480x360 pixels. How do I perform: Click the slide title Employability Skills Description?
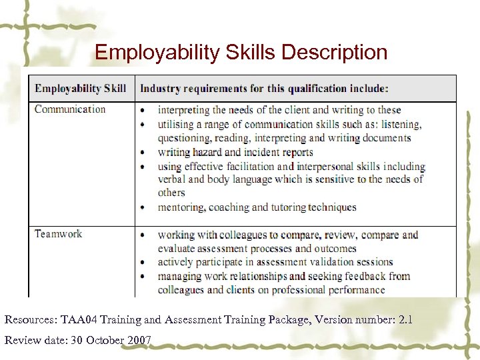[241, 52]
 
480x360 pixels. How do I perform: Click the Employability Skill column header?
[80, 89]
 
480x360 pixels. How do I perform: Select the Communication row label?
[70, 109]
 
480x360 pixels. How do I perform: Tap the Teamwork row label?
[59, 233]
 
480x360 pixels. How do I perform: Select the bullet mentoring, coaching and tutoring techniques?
[257, 207]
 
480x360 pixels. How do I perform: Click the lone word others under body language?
[171, 193]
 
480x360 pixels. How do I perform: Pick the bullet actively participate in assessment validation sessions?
[275, 262]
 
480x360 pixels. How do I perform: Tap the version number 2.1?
[405, 320]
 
